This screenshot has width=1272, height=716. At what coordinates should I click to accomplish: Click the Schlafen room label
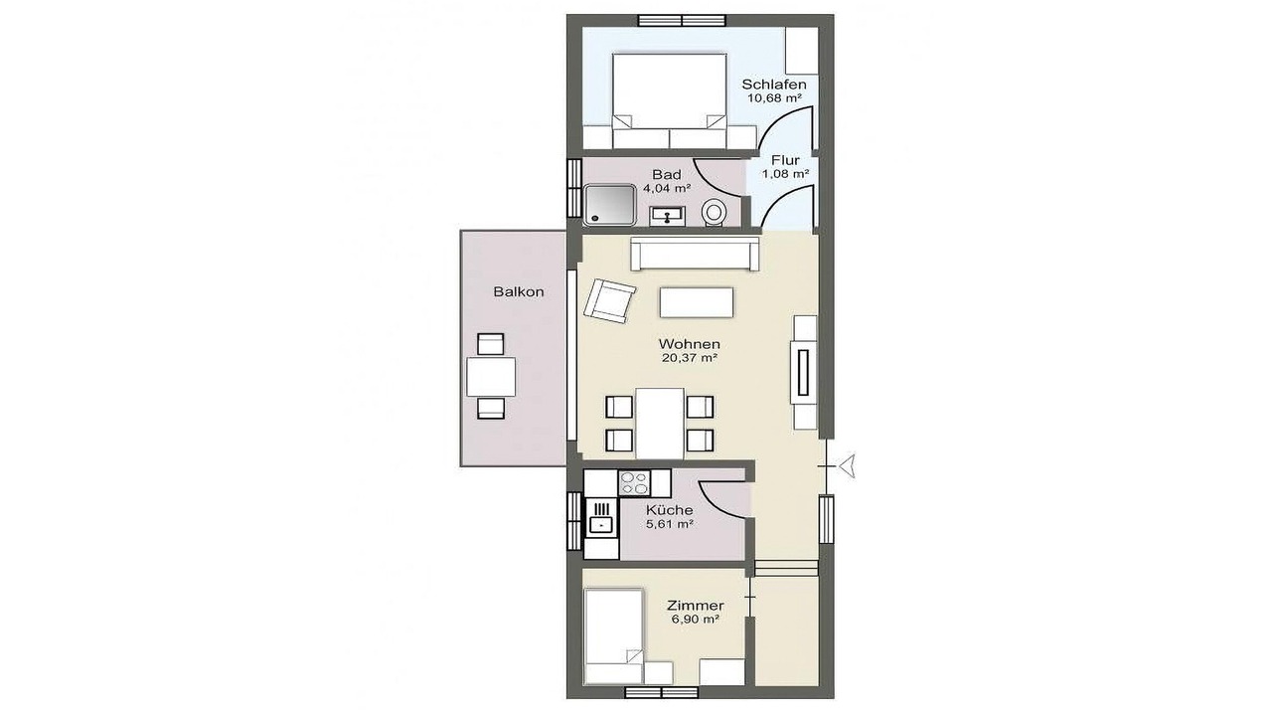[x=774, y=85]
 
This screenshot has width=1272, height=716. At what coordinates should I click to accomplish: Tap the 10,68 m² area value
[x=774, y=97]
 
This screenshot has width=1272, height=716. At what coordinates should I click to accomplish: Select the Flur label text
[x=785, y=160]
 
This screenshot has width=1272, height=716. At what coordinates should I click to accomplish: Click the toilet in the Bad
[x=714, y=214]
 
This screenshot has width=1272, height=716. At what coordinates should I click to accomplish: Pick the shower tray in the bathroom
[x=609, y=204]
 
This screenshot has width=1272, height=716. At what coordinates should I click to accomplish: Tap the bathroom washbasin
[x=667, y=216]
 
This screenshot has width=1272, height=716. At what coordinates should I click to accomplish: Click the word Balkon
[x=519, y=292]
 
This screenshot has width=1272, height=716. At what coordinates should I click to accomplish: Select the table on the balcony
[x=491, y=376]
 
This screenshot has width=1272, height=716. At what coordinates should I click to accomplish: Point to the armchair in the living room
[x=609, y=300]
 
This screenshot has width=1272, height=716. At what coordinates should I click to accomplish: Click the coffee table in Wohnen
[x=697, y=301]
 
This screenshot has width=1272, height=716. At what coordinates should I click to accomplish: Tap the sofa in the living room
[x=695, y=254]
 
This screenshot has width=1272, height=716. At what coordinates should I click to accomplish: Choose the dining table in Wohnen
[x=660, y=424]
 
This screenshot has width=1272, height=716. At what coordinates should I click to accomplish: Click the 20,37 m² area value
[x=690, y=358]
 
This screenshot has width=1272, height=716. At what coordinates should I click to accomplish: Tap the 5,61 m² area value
[x=670, y=524]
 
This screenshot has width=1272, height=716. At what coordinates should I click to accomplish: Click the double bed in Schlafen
[x=670, y=101]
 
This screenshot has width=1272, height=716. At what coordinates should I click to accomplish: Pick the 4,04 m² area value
[x=667, y=188]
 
